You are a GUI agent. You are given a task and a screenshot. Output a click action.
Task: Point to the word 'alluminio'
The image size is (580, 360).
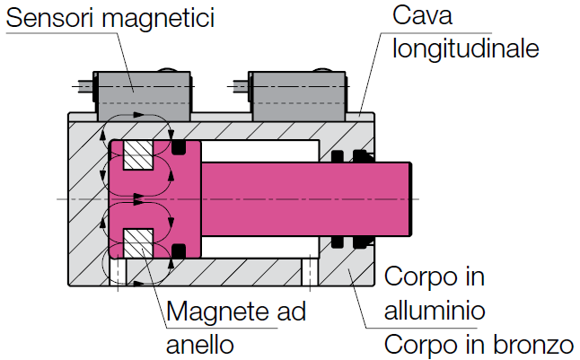[x=435, y=310]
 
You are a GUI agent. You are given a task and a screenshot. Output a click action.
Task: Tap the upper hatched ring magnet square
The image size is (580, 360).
[x=139, y=156]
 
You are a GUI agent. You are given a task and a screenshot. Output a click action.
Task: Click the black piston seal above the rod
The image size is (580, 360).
[x=178, y=146]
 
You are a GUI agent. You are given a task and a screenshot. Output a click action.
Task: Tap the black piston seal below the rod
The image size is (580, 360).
[x=178, y=250]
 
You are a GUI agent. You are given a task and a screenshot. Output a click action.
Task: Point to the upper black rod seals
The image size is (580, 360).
[x=351, y=157]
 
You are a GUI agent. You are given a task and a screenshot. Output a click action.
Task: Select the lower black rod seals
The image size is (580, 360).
[x=351, y=240]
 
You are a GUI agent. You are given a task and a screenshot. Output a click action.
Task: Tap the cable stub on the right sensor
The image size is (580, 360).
[x=241, y=88]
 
